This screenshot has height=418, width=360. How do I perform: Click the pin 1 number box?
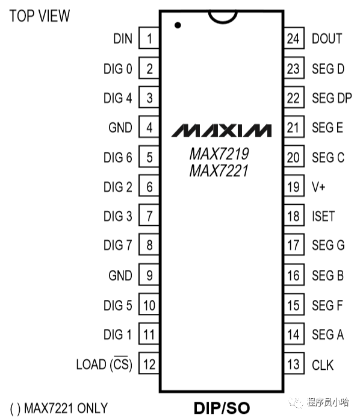pos(149,38)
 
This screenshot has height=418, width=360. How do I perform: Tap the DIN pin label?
pos(123,39)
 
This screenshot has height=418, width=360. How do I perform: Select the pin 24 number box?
pos(294,38)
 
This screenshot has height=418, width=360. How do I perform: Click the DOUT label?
pos(327,39)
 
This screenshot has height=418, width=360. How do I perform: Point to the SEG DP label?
pos(332,98)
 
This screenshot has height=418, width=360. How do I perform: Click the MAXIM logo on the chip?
pos(222,130)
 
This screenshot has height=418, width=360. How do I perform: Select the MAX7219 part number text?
pos(219,154)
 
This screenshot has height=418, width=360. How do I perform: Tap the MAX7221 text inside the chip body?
pos(219,171)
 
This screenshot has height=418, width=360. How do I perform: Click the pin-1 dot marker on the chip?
pos(178,25)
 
